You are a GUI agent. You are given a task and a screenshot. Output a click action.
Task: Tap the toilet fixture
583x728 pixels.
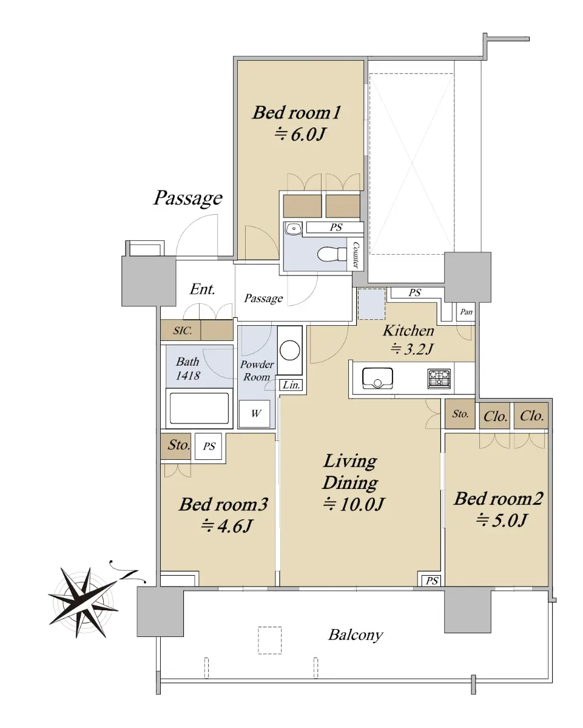(332, 254)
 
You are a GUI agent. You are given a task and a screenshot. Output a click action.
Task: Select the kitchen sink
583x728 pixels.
(377, 378)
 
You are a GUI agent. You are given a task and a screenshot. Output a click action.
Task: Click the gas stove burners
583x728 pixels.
(439, 379)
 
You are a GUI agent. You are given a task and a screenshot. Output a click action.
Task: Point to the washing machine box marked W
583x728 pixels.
(255, 414)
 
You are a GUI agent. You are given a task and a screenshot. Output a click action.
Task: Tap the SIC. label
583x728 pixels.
(183, 330)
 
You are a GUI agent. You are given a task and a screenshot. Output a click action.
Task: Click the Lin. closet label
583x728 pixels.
(291, 385)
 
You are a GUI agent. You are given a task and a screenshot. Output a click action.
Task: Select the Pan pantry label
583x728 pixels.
(467, 312)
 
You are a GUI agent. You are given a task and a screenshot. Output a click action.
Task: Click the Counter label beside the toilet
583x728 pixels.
(356, 255)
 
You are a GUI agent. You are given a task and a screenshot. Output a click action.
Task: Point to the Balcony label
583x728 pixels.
(356, 635)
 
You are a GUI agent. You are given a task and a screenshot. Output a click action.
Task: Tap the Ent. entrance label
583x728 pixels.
(203, 289)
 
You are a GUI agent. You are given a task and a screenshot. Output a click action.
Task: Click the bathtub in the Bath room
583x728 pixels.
(199, 408)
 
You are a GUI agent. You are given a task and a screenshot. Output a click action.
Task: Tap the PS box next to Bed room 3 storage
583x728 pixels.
(209, 447)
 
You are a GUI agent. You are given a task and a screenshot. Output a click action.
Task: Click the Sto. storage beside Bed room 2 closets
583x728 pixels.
(460, 414)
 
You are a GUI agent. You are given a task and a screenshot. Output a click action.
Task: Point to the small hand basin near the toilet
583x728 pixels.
(294, 229)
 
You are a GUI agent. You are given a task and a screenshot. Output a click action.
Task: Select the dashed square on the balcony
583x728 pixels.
(270, 641)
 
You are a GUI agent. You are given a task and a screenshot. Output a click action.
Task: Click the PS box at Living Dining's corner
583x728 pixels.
(431, 581)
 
